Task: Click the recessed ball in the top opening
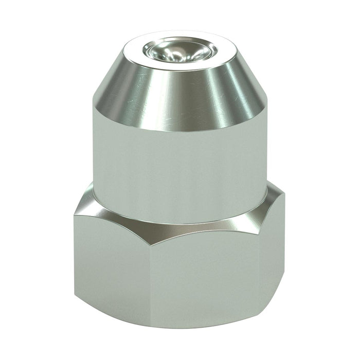(x=178, y=50)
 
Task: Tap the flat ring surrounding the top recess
(x=154, y=42)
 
